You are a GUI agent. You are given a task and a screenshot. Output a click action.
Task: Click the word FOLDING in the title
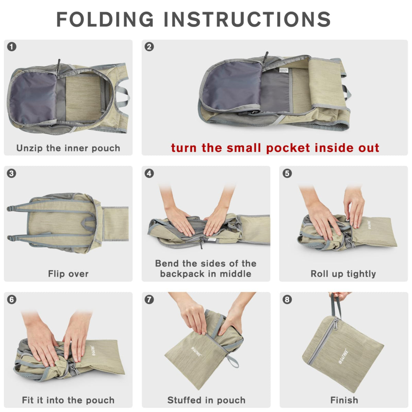pos(105,19)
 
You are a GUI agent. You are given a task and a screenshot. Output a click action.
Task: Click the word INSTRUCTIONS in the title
pos(248,19)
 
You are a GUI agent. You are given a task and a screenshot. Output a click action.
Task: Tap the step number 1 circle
pos(12,47)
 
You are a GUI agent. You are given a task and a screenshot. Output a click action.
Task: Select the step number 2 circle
pos(149,47)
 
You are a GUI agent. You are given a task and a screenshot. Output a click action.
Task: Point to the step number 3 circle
pos(12,173)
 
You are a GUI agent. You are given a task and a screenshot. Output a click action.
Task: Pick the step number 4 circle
pos(149,173)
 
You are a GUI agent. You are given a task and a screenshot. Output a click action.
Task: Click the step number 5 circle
pos(287,173)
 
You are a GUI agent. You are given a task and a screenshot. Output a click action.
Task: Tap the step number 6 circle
pos(12,299)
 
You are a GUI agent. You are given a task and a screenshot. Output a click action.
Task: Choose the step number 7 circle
pos(149,299)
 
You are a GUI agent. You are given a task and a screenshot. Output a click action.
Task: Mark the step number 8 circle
pos(287,299)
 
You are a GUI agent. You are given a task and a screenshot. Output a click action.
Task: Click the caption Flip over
pos(68,274)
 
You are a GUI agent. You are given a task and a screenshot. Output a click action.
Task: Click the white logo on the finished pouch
pos(344,356)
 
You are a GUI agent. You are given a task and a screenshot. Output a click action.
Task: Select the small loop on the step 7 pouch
pos(233,361)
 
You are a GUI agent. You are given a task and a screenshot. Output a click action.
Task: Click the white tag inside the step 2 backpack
pos(284,70)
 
